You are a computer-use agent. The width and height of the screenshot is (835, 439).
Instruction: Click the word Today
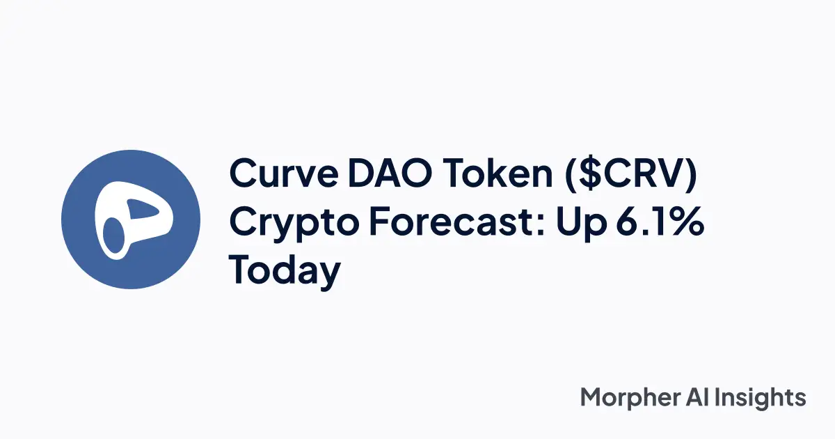pos(285,270)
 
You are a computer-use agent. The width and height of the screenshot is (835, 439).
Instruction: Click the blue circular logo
pos(131,219)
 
